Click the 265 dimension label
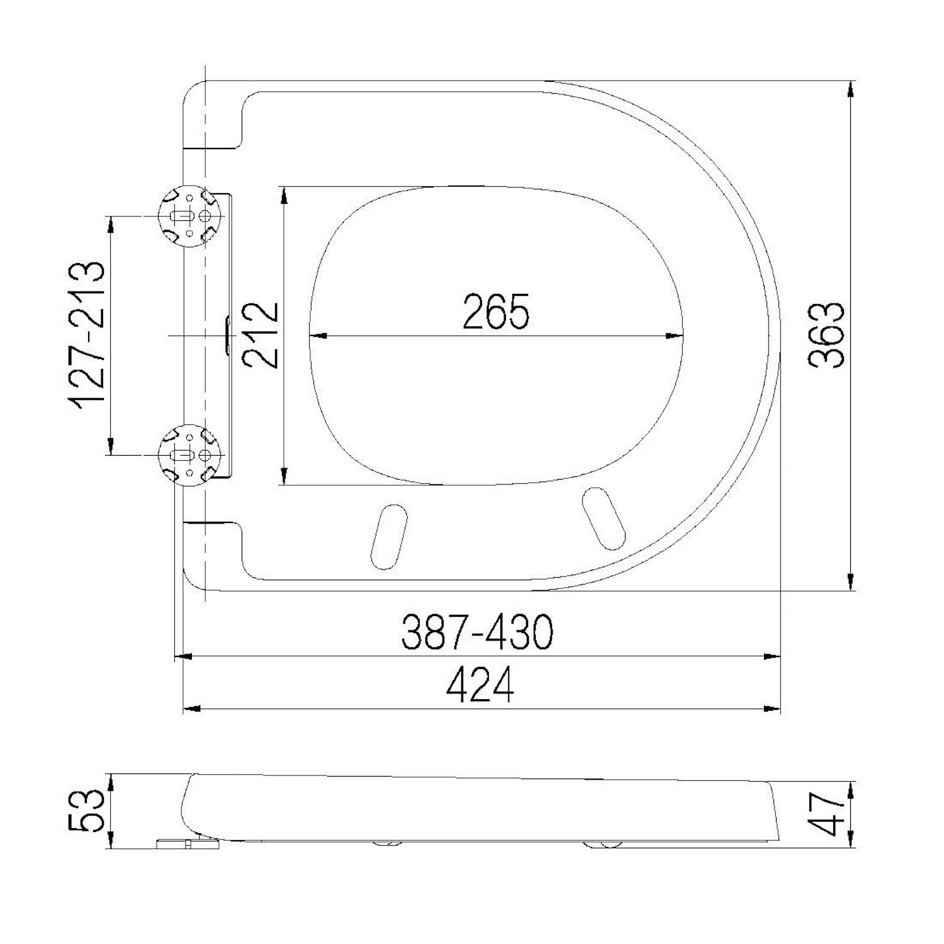(x=496, y=311)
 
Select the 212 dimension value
(x=262, y=335)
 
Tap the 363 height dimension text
(x=826, y=335)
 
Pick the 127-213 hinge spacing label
(x=87, y=335)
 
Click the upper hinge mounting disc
(x=188, y=216)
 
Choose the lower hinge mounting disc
(x=188, y=454)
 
